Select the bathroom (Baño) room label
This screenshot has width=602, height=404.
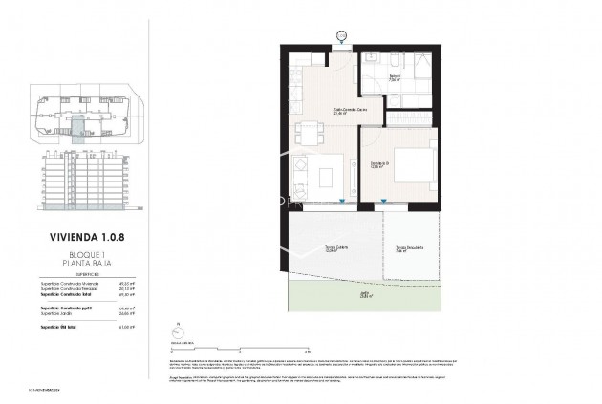[x=396, y=78]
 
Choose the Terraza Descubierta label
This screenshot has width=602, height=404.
[x=410, y=250]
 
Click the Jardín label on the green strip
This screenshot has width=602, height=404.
[x=364, y=296]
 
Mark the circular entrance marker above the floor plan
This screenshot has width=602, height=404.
[x=343, y=37]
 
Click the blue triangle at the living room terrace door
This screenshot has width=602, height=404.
[x=342, y=200]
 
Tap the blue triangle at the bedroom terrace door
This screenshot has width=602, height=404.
[x=382, y=200]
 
